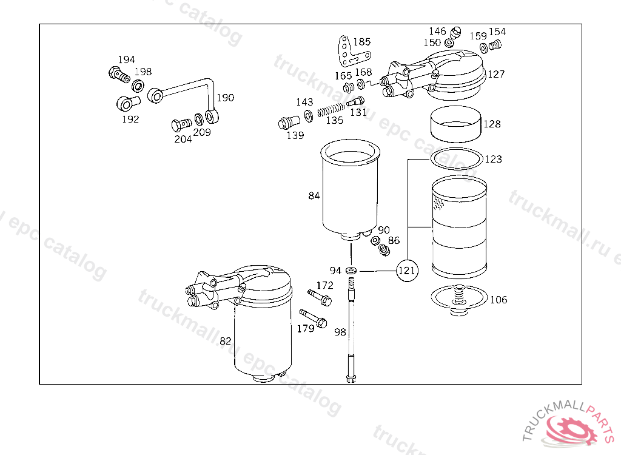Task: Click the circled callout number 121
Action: pos(407,271)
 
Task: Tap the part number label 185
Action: pos(362,42)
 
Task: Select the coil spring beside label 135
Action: pos(331,109)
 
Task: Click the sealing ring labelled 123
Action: pos(457,158)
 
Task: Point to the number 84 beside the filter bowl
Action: pos(314,195)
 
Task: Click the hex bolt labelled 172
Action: pos(320,297)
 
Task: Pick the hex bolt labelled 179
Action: pos(313,318)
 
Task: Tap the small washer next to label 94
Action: pos(351,271)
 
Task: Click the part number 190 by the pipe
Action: pos(226,98)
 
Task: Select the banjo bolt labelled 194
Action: pos(118,74)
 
